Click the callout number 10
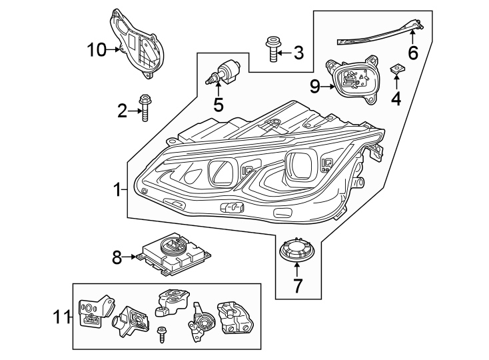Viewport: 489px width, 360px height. pos(96,49)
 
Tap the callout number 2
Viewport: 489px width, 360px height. pos(122,111)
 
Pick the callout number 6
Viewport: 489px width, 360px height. pos(413,53)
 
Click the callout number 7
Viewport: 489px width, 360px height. pos(297,286)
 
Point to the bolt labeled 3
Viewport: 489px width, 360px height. pos(272,49)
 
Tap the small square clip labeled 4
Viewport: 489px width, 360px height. pos(396,69)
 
